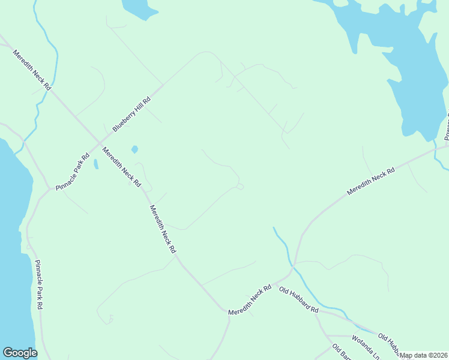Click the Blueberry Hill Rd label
(x=131, y=113)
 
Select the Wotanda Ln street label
(x=366, y=347)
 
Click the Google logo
(x=20, y=353)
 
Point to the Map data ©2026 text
(x=424, y=355)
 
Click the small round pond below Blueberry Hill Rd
(x=134, y=149)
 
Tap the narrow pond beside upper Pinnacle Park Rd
(x=95, y=164)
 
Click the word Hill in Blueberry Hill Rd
(x=134, y=109)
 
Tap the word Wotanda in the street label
(x=361, y=344)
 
